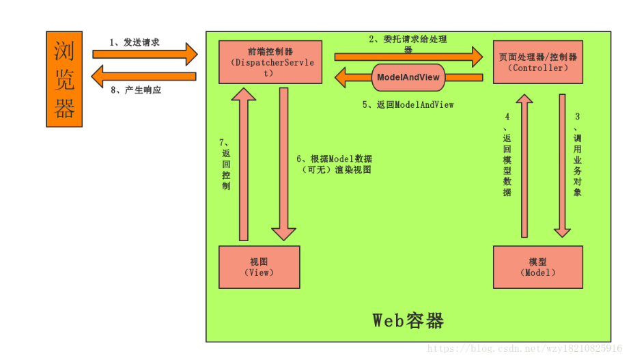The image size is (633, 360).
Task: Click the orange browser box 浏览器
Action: point(64,79)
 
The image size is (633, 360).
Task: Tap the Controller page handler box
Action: point(538,62)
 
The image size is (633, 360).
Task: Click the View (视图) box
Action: point(259,267)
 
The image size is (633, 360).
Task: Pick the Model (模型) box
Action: point(538,267)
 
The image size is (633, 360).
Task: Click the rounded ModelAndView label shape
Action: point(408,77)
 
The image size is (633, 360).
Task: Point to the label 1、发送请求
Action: point(135,42)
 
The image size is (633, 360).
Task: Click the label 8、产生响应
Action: point(136,89)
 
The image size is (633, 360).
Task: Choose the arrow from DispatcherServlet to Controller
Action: point(408,56)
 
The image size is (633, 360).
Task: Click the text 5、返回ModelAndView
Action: point(408,105)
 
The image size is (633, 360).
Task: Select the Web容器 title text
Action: point(408,320)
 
